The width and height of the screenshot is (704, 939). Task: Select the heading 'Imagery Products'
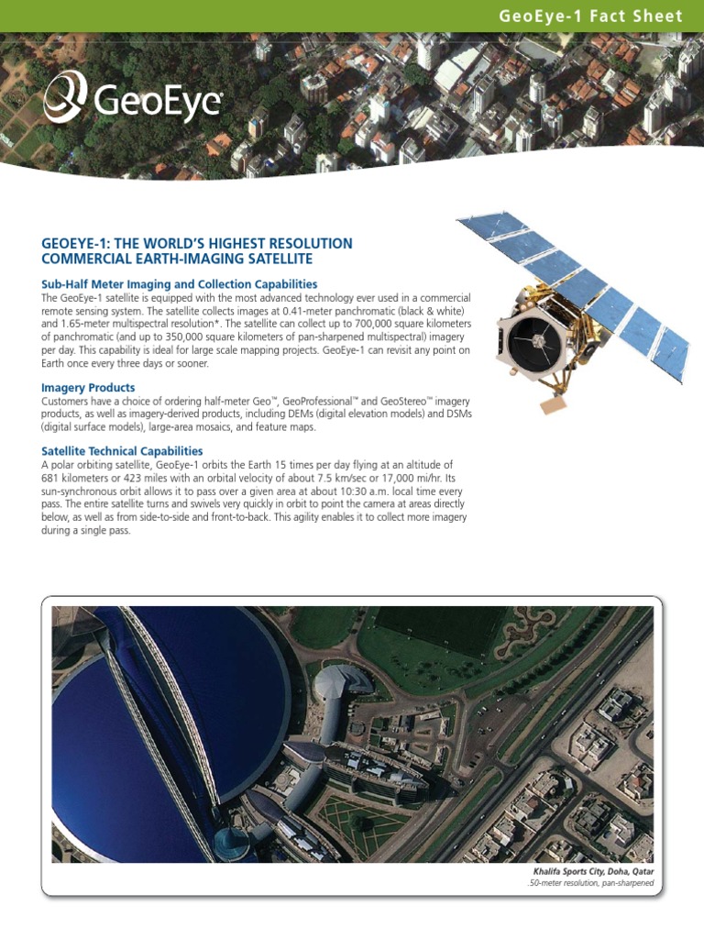point(88,388)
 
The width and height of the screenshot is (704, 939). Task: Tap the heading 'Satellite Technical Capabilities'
point(122,451)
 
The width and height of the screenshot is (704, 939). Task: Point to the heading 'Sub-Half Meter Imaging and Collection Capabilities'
point(179,284)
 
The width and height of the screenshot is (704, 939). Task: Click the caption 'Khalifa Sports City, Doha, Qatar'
point(593,870)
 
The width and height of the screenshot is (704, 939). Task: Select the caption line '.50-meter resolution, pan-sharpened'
point(590,884)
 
